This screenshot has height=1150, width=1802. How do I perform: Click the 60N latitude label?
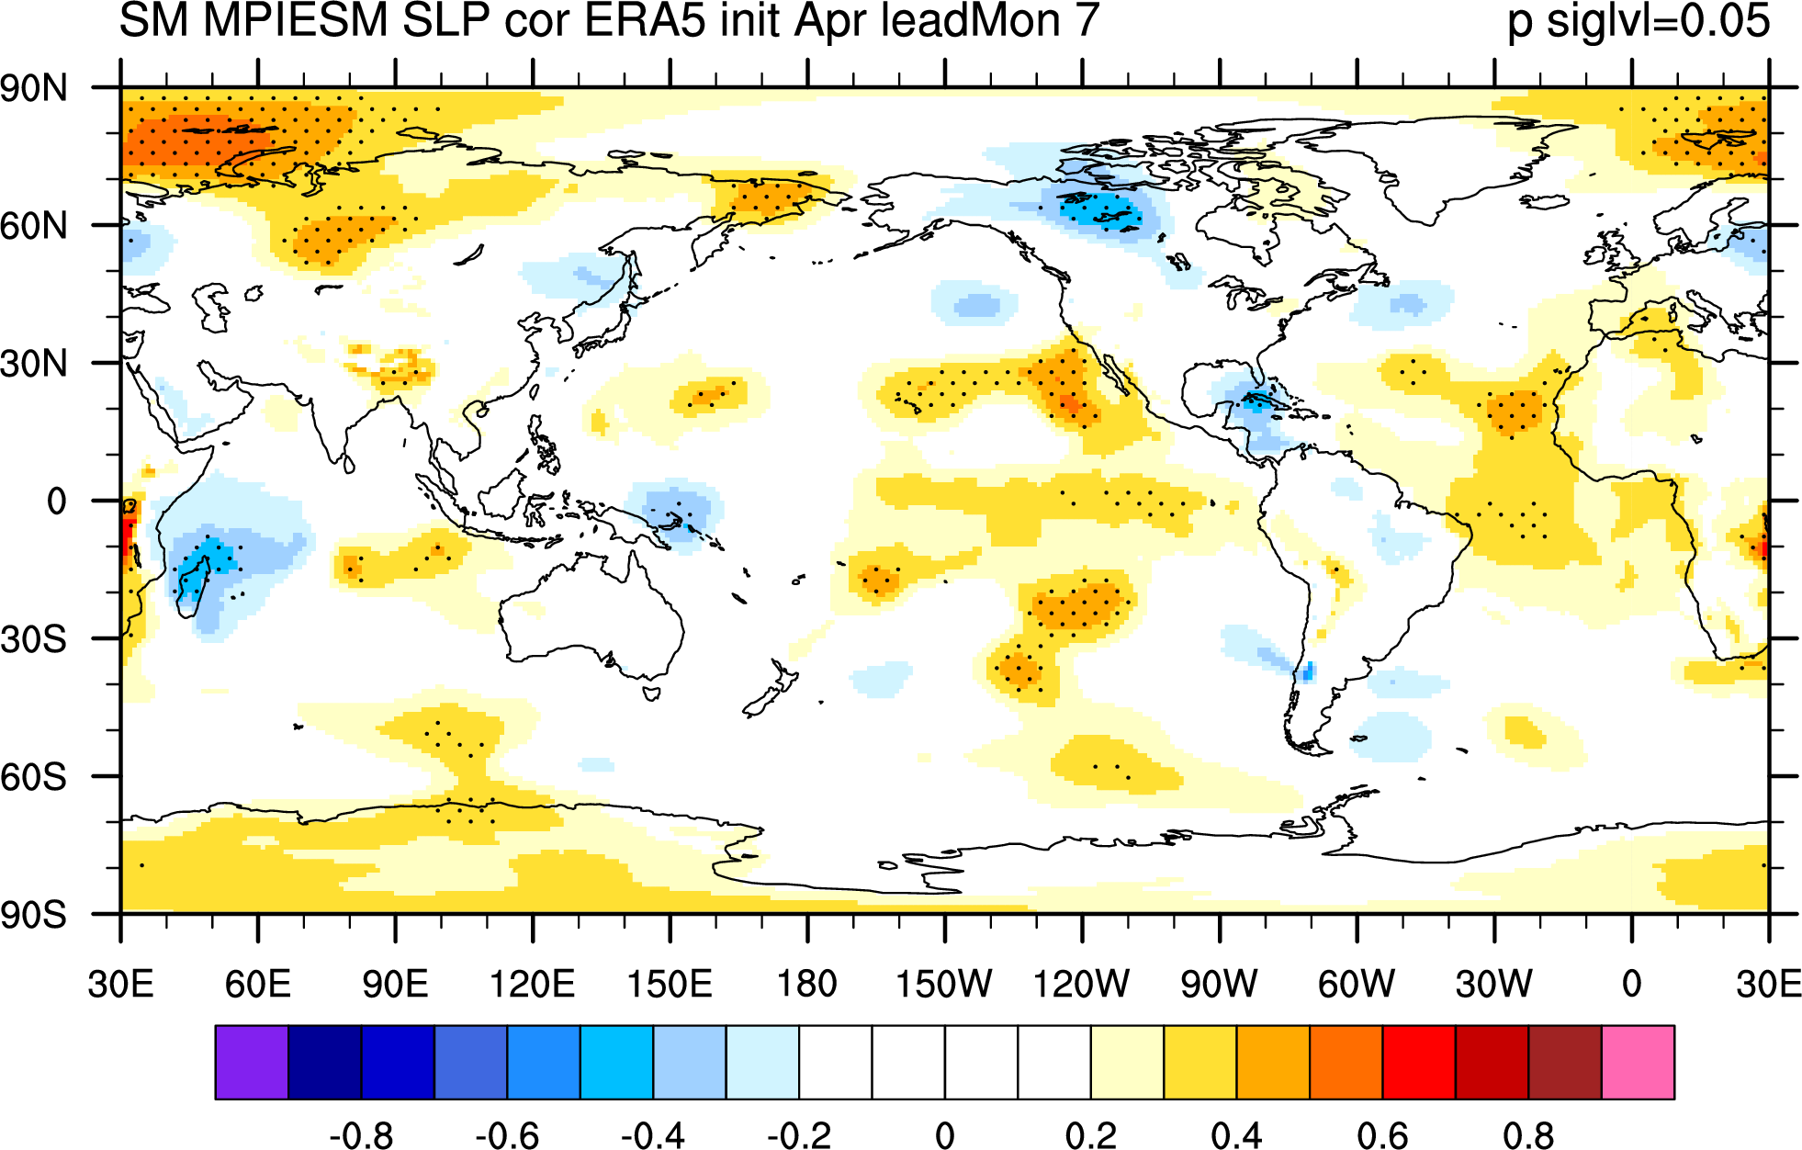34,226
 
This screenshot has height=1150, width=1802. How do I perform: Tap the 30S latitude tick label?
34,639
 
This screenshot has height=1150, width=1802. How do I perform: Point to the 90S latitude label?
34,915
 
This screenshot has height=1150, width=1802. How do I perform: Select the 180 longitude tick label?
807,984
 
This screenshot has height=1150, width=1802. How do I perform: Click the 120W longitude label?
1081,984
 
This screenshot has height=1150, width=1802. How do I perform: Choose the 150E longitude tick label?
670,984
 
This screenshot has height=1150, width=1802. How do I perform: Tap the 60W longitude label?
1357,984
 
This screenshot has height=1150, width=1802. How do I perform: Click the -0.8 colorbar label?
361,1136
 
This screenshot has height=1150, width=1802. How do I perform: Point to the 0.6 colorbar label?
1382,1136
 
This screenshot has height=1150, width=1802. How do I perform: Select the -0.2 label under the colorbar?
799,1136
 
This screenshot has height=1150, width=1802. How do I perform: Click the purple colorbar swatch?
252,1062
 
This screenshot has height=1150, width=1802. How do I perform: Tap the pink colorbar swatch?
1638,1062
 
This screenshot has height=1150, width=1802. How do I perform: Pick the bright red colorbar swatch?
1419,1062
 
